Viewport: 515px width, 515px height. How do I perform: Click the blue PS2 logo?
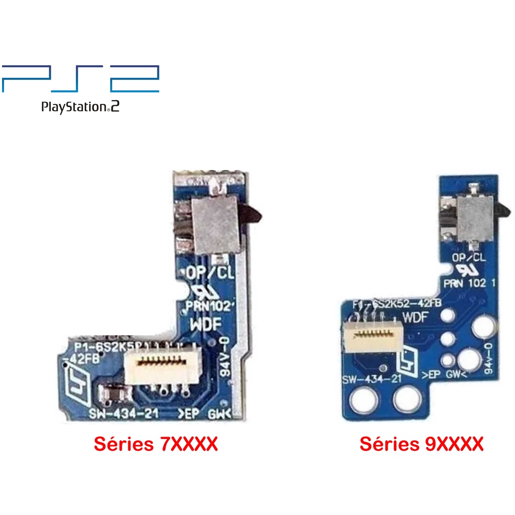pos(80,78)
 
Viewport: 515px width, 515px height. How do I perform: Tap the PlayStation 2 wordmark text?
pos(80,107)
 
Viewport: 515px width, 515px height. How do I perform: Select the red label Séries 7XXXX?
pos(155,444)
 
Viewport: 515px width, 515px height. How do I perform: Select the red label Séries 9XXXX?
pos(421,444)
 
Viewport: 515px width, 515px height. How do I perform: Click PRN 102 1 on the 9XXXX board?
pos(470,283)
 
